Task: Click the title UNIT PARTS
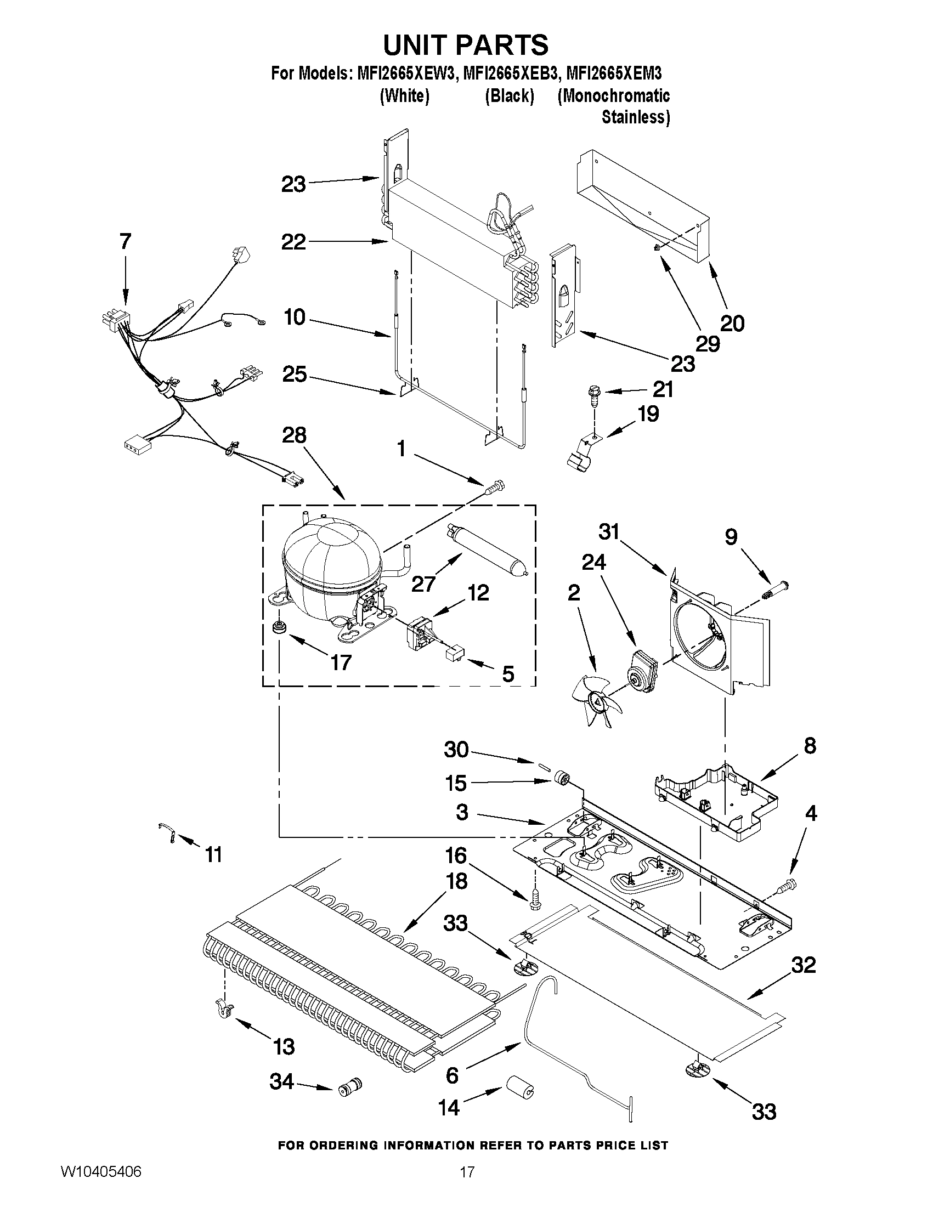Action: click(x=466, y=45)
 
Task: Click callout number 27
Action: click(x=423, y=583)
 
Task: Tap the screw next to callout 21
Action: click(x=592, y=395)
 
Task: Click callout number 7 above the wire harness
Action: click(x=126, y=241)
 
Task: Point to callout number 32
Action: click(x=803, y=965)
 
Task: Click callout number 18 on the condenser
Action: click(x=456, y=881)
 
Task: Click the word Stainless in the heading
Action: click(x=635, y=118)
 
